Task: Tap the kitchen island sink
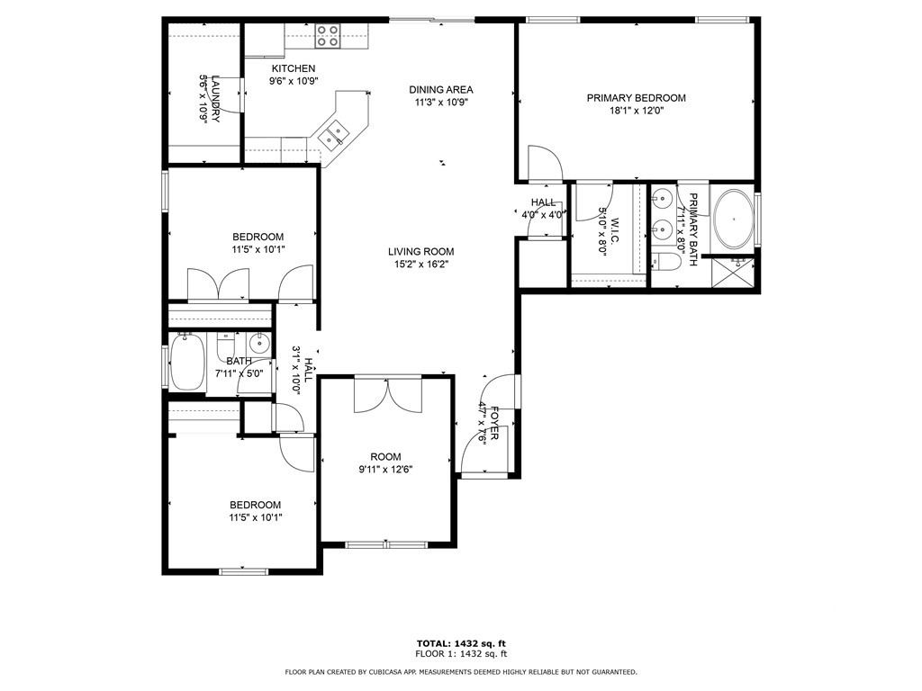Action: tap(334, 133)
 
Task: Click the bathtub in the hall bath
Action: tap(187, 363)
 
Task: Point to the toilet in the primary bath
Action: tap(667, 263)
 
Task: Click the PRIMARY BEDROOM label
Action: tap(636, 98)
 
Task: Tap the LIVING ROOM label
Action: tap(420, 252)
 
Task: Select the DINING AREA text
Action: tap(440, 89)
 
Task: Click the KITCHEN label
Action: tap(294, 68)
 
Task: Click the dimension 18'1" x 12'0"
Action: tap(636, 111)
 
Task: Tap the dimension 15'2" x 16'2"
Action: tap(420, 265)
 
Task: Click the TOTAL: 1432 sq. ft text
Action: tap(460, 643)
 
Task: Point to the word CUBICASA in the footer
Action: tap(402, 672)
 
